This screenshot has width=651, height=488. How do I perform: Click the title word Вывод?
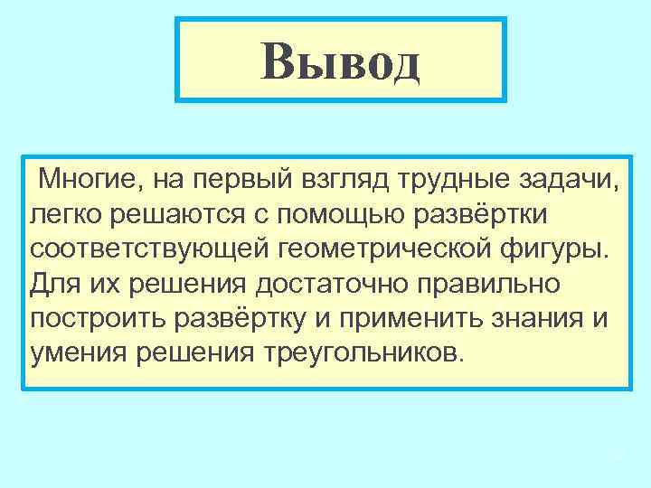tap(340, 60)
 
